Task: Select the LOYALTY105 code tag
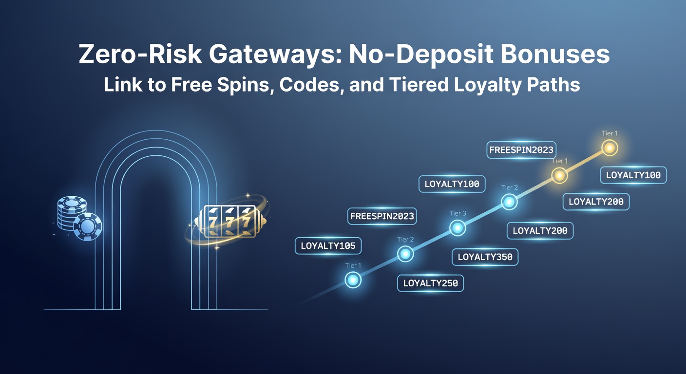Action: [328, 246]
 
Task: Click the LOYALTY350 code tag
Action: [485, 257]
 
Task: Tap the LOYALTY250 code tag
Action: [430, 283]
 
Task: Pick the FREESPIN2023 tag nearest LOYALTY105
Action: [382, 216]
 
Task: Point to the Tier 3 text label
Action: [457, 213]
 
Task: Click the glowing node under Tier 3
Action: [457, 227]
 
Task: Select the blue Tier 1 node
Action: [353, 280]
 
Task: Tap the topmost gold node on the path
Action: [609, 148]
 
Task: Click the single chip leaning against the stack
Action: [88, 226]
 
